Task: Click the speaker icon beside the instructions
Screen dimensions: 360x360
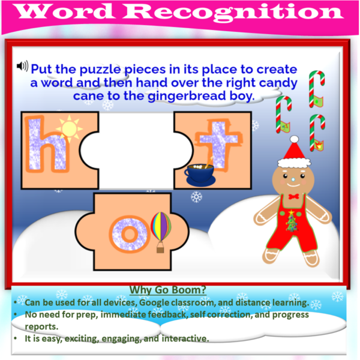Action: pos(23,65)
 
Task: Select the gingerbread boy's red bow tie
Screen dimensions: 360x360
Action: pos(293,196)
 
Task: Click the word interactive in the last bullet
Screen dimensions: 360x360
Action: pos(185,339)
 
